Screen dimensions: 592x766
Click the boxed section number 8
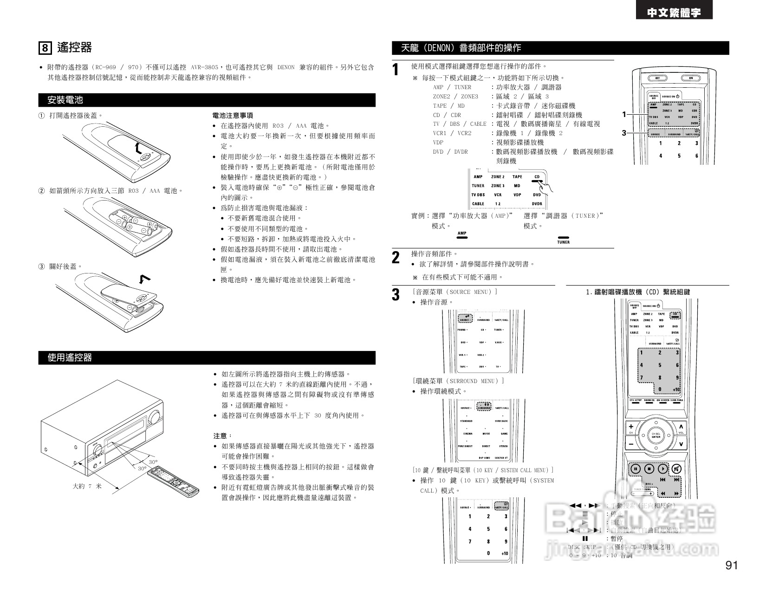click(x=45, y=48)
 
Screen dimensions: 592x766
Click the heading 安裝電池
click(x=65, y=100)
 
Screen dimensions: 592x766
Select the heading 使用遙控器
click(x=70, y=358)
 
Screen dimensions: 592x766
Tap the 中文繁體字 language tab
click(x=674, y=13)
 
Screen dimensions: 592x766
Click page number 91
click(x=731, y=566)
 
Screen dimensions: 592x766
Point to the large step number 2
click(x=396, y=258)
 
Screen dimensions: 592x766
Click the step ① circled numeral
click(x=41, y=116)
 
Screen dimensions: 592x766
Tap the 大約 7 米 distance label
click(x=87, y=486)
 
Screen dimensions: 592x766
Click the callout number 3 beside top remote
click(x=624, y=133)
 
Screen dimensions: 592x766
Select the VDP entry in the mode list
click(x=438, y=143)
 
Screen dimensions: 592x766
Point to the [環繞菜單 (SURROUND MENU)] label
click(x=458, y=381)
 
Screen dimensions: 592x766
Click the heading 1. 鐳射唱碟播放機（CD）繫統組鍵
click(x=638, y=292)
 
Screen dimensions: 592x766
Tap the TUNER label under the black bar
click(x=563, y=242)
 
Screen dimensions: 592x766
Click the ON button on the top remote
click(x=691, y=78)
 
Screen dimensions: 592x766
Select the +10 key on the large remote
click(x=675, y=389)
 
